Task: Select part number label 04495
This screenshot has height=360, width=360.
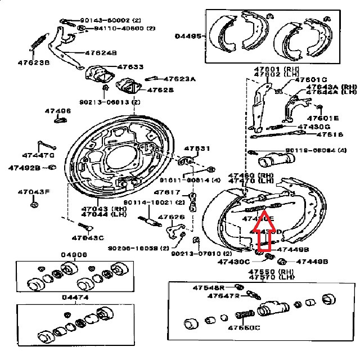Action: [188, 35]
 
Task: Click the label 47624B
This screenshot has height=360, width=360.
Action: [101, 53]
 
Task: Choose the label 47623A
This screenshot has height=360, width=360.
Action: [179, 79]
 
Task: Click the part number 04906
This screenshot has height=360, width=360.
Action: [74, 255]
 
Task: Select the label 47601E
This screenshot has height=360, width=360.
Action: [323, 119]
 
